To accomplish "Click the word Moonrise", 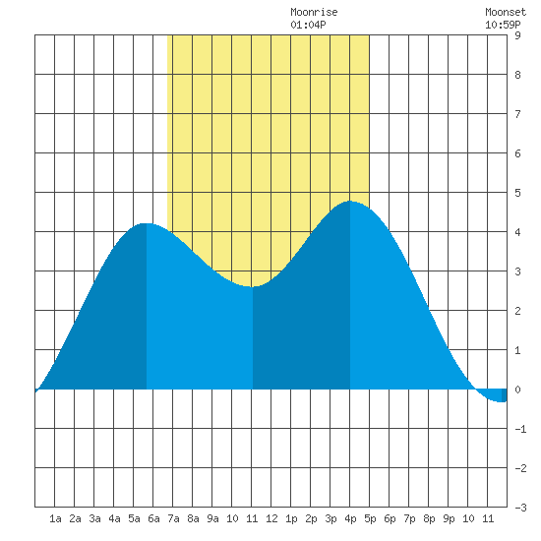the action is [314, 12].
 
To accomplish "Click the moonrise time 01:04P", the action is [308, 25].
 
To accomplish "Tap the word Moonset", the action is [506, 12].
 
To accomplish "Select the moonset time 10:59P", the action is [503, 25].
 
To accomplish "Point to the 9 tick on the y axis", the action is [517, 35].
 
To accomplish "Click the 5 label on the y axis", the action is [517, 193].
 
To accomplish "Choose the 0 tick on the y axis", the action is [517, 390].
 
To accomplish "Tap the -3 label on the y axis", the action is [520, 508].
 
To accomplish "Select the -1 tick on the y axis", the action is [520, 429].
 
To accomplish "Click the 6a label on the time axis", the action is [153, 518].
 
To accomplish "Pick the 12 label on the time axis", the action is [271, 518].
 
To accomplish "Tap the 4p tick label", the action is [350, 518].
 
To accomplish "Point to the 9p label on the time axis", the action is [449, 518].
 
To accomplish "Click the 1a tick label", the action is [55, 518].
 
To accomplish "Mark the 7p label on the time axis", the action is [409, 518].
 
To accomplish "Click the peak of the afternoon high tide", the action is [350, 201].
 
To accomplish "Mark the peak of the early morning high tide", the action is [147, 223].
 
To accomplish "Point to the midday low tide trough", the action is [252, 286].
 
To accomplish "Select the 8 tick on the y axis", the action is [517, 75].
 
